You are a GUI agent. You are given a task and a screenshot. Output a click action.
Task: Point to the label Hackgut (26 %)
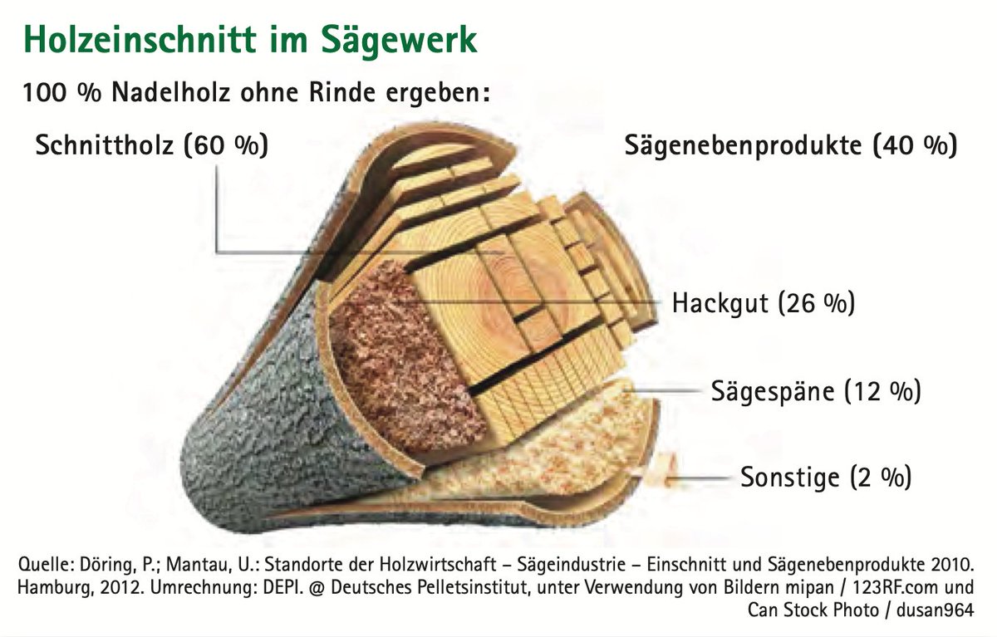pos(763,303)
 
